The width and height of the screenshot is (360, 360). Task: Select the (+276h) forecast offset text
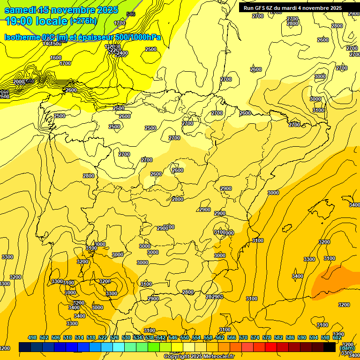(x=83, y=21)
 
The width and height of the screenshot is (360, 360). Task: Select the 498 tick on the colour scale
(x=32, y=337)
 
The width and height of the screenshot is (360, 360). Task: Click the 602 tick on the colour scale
(x=337, y=337)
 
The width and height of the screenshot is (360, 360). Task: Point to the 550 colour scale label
(x=185, y=337)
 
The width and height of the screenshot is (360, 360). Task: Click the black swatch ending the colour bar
(x=330, y=347)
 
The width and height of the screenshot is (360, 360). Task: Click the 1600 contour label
(x=56, y=58)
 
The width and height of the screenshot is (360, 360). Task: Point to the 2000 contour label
(x=19, y=82)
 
